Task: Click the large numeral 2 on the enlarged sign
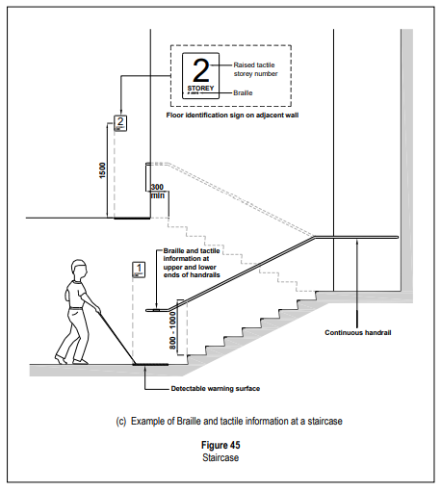pos(201,70)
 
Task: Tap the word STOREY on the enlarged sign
pos(200,88)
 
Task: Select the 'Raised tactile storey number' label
pos(255,69)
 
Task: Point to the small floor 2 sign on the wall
pos(120,123)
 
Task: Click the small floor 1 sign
pos(139,270)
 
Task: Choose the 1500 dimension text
pos(102,170)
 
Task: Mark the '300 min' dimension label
pos(158,192)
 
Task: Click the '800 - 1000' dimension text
pos(172,330)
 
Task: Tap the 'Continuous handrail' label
pos(358,332)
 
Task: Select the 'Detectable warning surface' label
pos(216,389)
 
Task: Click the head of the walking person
pos(79,269)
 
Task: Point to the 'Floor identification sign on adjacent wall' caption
pos(232,116)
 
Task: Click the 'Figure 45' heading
pos(220,445)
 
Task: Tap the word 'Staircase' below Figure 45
pos(220,457)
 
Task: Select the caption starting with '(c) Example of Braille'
pos(229,421)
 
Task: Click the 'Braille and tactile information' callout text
pos(192,263)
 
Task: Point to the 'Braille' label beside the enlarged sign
pos(243,93)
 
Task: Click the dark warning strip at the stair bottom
pos(150,364)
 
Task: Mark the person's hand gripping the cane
pos(97,310)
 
